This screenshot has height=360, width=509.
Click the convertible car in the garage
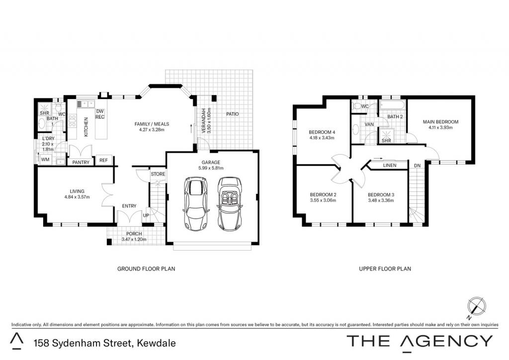pos(230,203)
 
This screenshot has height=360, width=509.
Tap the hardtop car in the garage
pos(196,203)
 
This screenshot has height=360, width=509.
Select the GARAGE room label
pos(211,162)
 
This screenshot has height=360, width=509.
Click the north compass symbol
pos(477,307)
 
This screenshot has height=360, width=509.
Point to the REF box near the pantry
pos(103,160)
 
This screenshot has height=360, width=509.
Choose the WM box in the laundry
pos(45,160)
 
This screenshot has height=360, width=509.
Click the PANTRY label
pos(81,162)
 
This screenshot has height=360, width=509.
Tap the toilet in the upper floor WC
pos(357,106)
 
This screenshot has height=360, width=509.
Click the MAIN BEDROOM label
pos(440,122)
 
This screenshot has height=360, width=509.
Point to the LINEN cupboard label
pos(390,165)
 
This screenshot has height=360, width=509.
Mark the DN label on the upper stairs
pos(417,166)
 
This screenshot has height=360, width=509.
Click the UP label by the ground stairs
pos(146,215)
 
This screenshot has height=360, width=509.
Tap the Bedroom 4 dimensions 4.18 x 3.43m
pos(322,138)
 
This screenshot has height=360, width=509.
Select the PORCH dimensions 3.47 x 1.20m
pos(134,240)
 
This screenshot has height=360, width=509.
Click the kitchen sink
pos(85,104)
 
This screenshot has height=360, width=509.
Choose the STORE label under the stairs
pos(158,174)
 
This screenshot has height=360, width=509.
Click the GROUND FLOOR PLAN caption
pos(146,269)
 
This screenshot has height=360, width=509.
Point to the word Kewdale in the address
pos(157,343)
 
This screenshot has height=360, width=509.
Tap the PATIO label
pos(233,114)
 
